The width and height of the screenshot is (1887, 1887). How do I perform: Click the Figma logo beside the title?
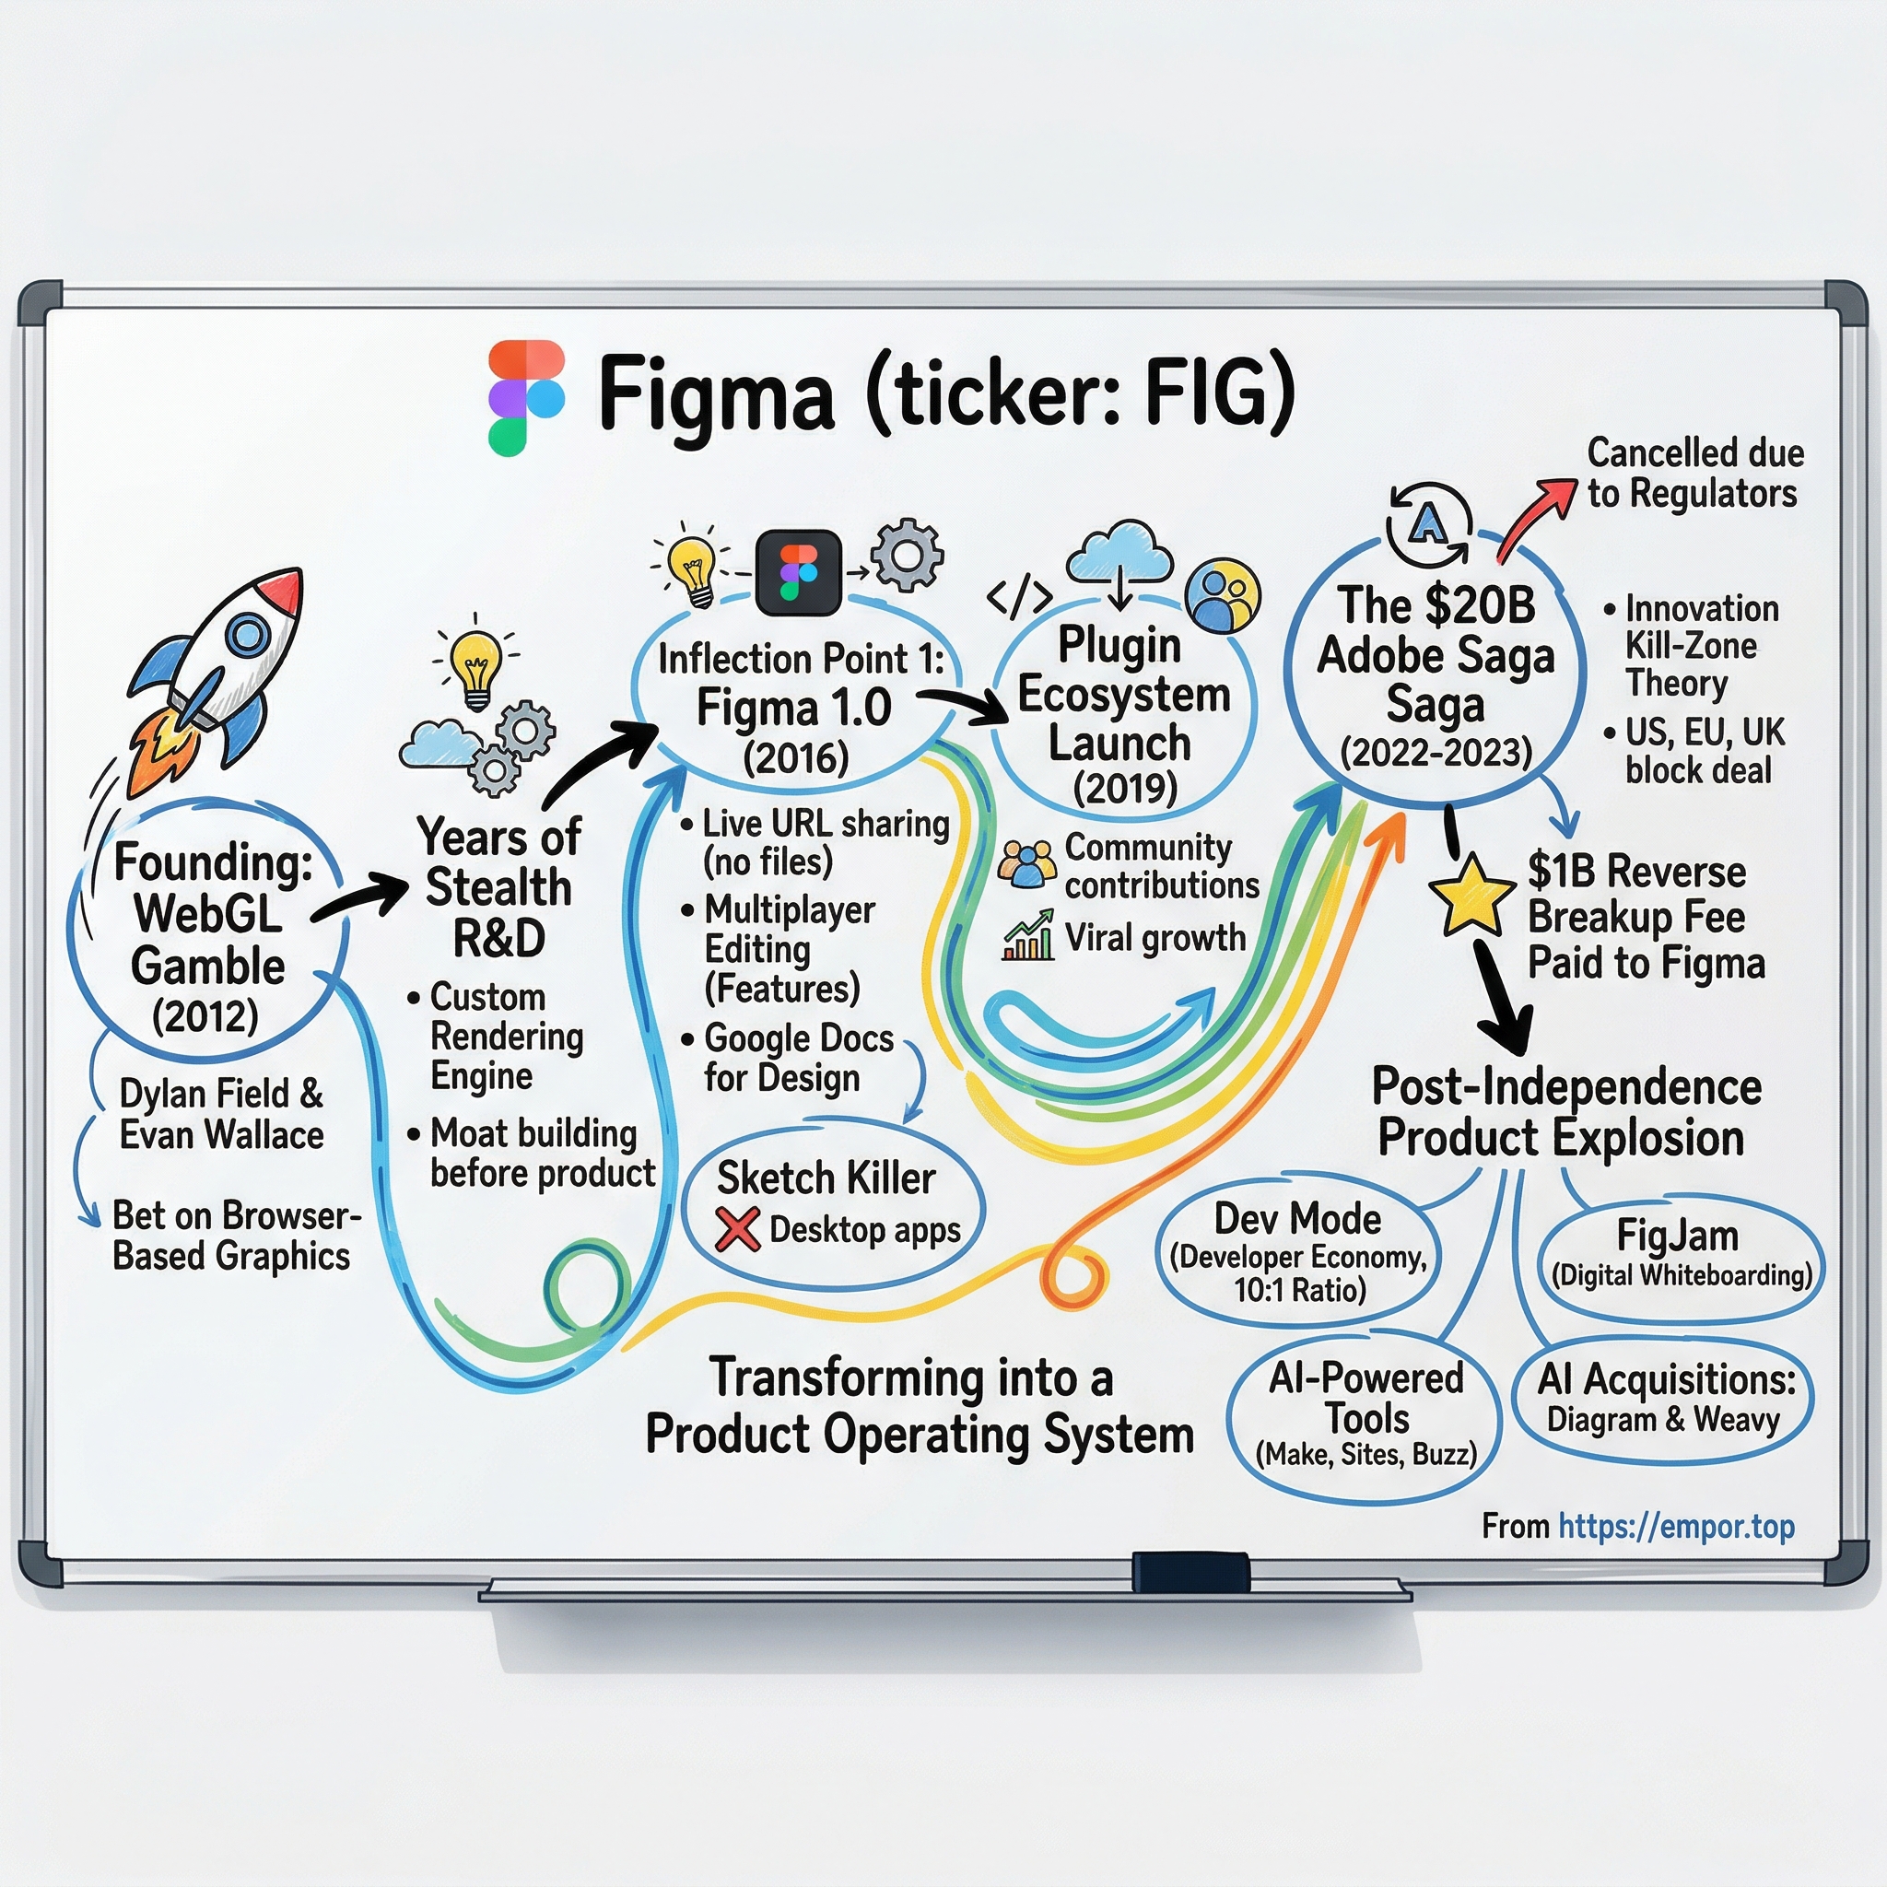526,397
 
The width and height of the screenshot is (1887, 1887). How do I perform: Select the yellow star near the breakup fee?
1466,896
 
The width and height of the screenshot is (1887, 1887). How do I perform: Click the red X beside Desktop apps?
737,1229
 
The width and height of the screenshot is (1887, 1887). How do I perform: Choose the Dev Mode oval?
1298,1252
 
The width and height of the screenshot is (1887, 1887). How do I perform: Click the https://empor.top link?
1676,1526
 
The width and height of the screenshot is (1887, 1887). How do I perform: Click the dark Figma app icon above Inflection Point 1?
798,573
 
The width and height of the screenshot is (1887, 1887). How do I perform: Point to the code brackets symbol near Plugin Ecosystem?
1019,597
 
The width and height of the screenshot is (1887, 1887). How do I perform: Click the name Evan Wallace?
222,1135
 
